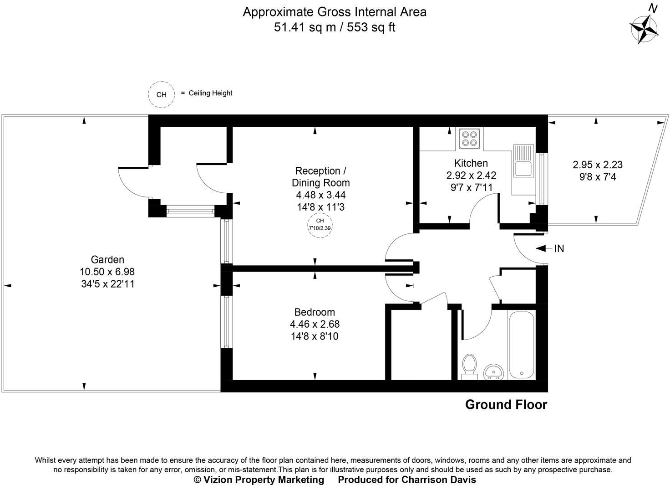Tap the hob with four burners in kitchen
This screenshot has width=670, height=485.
(469, 138)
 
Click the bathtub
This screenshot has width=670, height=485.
(521, 345)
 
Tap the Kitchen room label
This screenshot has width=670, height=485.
(471, 163)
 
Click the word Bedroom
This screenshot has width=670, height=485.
(315, 312)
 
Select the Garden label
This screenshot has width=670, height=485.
(107, 260)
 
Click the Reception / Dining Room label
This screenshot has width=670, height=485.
(320, 177)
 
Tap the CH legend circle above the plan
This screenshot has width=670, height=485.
(161, 95)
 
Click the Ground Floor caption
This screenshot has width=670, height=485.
(506, 405)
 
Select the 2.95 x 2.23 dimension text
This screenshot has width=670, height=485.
(597, 165)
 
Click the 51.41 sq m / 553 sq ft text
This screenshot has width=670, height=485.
(335, 27)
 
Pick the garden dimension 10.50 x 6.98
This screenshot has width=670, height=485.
(107, 272)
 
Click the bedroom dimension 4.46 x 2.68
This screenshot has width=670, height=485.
(315, 325)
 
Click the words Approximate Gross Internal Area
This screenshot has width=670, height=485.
(335, 12)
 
